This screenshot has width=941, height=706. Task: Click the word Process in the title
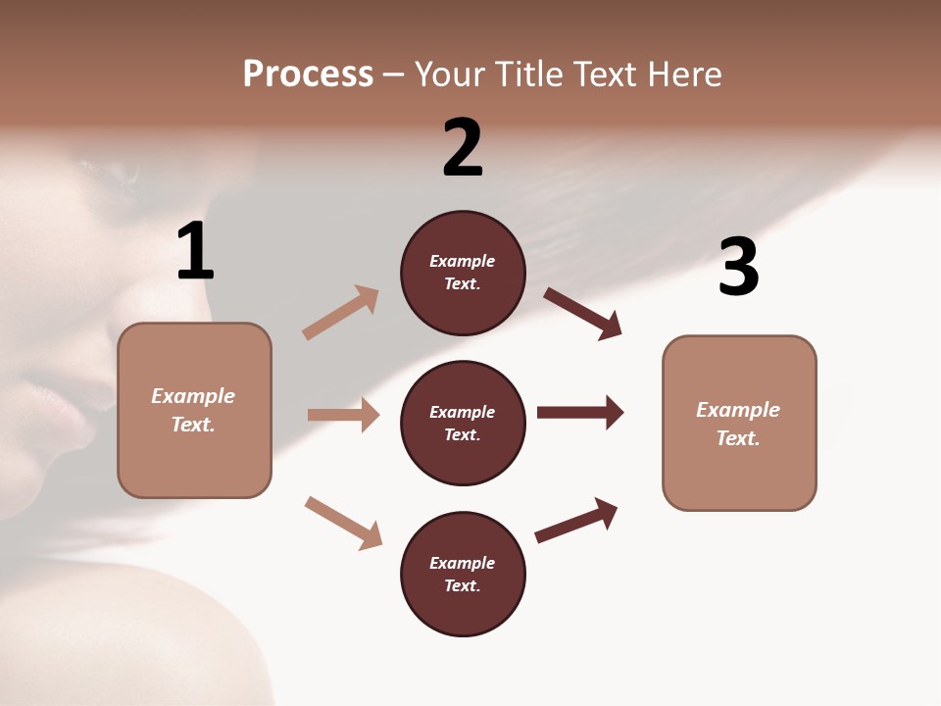(x=308, y=75)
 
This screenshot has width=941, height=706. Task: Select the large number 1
(x=195, y=252)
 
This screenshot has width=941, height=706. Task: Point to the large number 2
(x=463, y=148)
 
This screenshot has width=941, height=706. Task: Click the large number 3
(x=738, y=268)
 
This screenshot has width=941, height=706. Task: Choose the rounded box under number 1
(x=194, y=410)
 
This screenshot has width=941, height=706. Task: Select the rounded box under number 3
(x=739, y=423)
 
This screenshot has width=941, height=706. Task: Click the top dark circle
(x=463, y=273)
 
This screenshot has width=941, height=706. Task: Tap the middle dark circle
(x=463, y=423)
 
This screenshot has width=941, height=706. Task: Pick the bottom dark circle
(x=463, y=574)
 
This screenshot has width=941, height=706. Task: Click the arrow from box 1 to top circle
(x=340, y=313)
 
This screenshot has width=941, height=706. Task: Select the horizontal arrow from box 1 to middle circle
(x=344, y=415)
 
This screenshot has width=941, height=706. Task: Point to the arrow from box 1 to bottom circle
(x=343, y=522)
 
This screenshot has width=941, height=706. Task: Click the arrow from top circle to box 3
(x=582, y=313)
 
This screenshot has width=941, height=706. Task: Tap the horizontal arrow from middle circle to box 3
(x=580, y=412)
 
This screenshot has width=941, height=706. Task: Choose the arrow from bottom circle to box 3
(x=576, y=520)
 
